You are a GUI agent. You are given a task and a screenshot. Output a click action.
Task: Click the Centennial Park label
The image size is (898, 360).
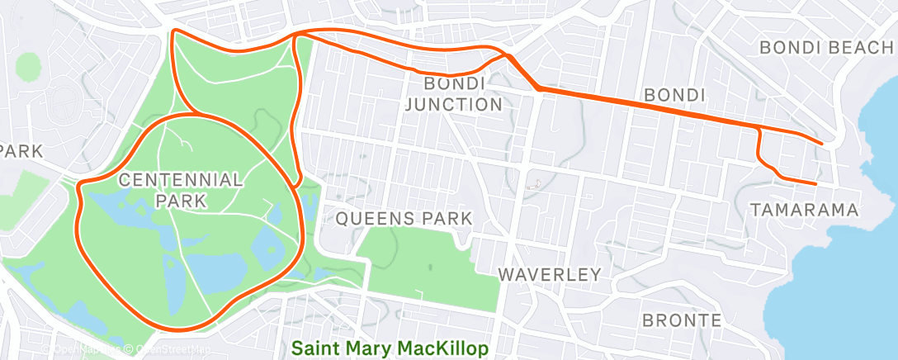pyautogui.click(x=181, y=189)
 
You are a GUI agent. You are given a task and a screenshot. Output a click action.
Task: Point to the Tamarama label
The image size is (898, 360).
pyautogui.click(x=804, y=211)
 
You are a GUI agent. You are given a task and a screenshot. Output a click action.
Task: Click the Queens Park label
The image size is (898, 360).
pyautogui.click(x=404, y=219)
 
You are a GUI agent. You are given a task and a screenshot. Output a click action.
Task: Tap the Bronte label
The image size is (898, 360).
pyautogui.click(x=682, y=320)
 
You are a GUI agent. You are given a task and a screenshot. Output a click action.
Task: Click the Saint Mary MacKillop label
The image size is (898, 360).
pyautogui.click(x=390, y=348)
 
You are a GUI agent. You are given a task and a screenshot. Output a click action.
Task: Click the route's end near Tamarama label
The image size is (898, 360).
pyautogui.click(x=815, y=183)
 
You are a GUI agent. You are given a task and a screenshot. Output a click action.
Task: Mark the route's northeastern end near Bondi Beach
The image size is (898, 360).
pyautogui.click(x=821, y=143)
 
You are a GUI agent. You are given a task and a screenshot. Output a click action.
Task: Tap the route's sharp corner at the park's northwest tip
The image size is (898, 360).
pyautogui.click(x=174, y=31)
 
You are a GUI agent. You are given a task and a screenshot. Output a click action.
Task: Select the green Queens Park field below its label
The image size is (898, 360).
pyautogui.click(x=429, y=264)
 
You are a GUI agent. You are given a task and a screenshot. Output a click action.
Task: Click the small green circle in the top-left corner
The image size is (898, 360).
pyautogui.click(x=28, y=64)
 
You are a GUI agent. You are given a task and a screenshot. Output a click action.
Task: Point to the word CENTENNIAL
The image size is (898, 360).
pyautogui.click(x=181, y=179)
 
